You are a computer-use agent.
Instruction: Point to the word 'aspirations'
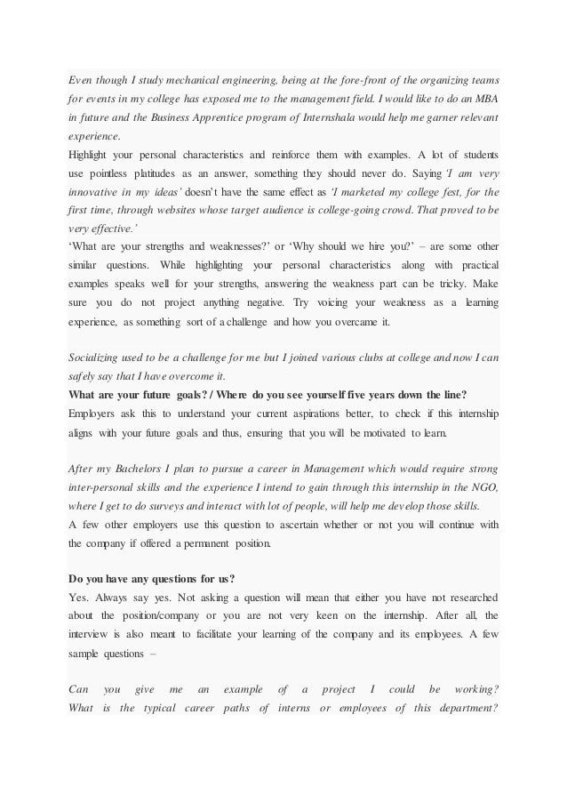[x=314, y=414]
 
